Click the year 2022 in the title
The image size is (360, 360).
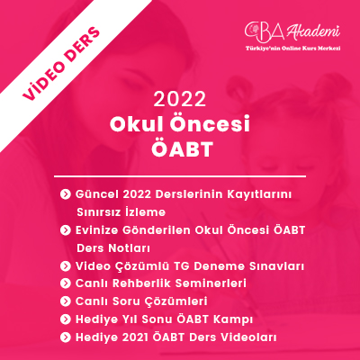(180, 99)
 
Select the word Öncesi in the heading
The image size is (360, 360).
(210, 123)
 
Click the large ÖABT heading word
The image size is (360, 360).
(182, 148)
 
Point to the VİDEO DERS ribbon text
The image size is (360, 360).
(61, 64)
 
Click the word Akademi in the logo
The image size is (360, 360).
(313, 32)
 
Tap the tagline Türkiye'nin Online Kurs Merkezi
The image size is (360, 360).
(292, 49)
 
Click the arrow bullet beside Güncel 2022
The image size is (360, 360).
(65, 194)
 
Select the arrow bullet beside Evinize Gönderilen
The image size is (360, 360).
(65, 230)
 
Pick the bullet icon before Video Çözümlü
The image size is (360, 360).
(65, 266)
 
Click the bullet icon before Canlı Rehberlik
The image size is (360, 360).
(65, 283)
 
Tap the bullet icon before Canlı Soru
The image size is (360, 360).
(65, 301)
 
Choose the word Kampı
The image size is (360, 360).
(233, 319)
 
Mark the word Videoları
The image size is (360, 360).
(248, 337)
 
